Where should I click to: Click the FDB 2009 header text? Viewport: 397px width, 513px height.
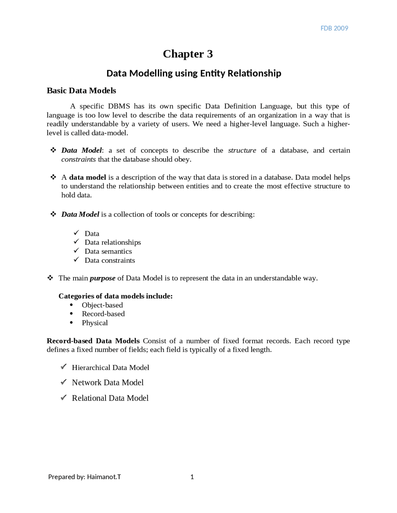[334, 28]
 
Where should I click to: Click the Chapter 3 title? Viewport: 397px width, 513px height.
[188, 54]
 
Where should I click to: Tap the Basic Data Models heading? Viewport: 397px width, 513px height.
[81, 90]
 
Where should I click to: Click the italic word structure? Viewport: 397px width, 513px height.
[242, 151]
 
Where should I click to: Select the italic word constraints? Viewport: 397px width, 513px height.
[78, 160]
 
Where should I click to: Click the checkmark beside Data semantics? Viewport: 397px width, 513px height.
[76, 251]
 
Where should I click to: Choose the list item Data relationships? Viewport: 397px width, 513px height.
[113, 242]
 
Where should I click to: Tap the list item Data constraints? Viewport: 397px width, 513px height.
[110, 260]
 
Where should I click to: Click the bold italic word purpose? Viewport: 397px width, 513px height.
[102, 278]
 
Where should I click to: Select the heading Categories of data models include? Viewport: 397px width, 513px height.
[115, 296]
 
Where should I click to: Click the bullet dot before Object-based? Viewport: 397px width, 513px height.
[71, 305]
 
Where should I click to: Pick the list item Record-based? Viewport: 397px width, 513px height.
[103, 314]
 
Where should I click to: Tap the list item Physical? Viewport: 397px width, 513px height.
[95, 323]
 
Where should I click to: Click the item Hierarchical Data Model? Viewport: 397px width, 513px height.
[110, 368]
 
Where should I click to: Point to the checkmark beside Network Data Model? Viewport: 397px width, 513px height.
[64, 382]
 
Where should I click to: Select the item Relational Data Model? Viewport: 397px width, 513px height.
[110, 398]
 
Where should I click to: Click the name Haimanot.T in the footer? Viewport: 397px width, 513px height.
[104, 477]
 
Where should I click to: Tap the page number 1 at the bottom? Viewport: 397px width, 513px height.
[192, 477]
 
